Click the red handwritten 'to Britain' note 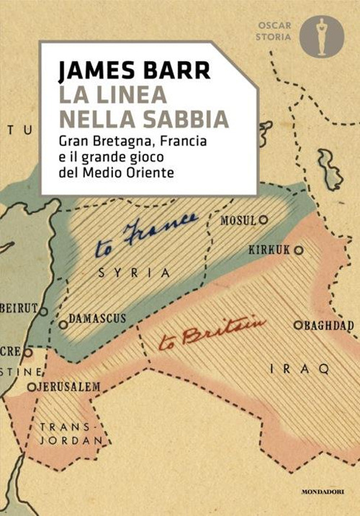point(223,330)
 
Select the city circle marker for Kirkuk point(298,250)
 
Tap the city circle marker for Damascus point(63,325)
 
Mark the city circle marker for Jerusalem point(31,387)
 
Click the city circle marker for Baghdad point(297,325)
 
